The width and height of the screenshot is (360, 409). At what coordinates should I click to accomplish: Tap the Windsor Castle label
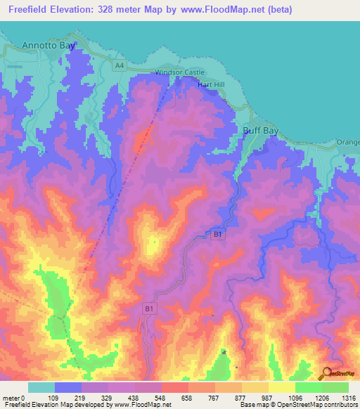click(180, 72)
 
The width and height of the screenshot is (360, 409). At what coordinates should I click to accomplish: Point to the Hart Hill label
click(210, 84)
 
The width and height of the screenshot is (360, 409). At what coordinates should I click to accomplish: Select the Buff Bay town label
click(261, 131)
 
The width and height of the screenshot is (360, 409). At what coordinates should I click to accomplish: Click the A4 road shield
click(120, 65)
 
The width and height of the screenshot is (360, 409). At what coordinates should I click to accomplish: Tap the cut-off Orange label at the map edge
click(349, 142)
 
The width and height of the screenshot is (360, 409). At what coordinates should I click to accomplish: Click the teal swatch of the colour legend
click(41, 387)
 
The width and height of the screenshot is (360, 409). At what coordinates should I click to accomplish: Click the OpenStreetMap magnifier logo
click(326, 373)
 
